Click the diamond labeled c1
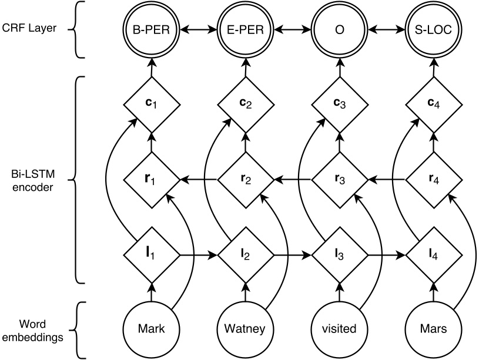151,105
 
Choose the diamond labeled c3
339,105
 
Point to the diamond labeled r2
245,179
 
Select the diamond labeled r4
433,179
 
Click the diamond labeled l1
151,255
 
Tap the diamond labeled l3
339,255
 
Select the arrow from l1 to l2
198,255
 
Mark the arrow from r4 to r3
386,179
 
